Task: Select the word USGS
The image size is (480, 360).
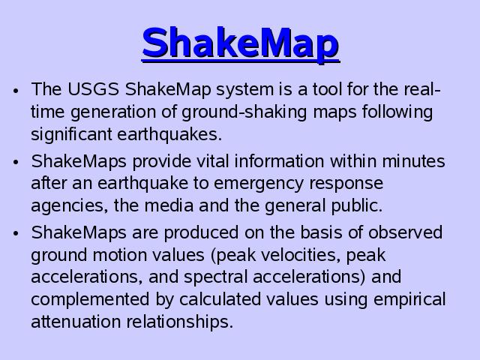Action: (93, 89)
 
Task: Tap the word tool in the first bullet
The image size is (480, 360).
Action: (327, 89)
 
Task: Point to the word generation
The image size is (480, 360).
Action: (113, 112)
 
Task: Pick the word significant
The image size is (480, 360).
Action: (71, 134)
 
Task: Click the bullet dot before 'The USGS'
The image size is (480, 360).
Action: (16, 91)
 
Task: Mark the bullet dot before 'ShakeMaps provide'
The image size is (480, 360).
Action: (16, 162)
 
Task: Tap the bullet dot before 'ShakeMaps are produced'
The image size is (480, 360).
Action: (16, 233)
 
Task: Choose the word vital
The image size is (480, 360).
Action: (212, 161)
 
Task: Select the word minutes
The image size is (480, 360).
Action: (413, 161)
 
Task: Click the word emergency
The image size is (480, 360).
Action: (259, 184)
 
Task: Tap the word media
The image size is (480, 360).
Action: (169, 205)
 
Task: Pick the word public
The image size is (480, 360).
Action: (357, 205)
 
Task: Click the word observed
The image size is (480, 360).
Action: (405, 232)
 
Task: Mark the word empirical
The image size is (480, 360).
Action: (409, 300)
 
